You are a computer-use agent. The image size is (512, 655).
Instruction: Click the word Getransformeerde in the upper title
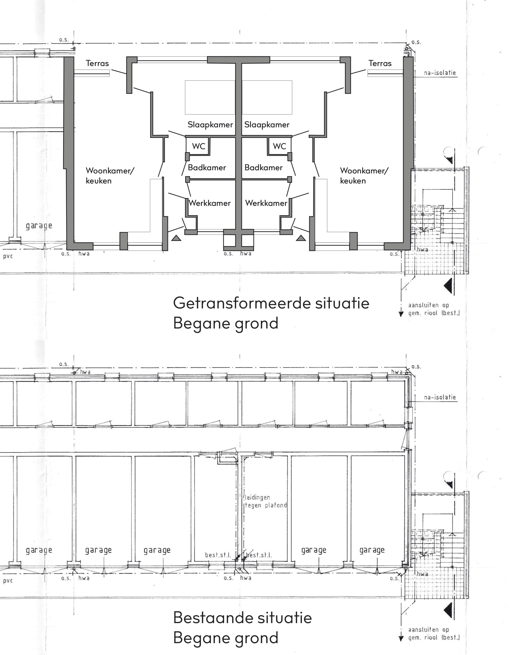(x=242, y=303)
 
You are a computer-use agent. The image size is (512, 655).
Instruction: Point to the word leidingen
(x=257, y=498)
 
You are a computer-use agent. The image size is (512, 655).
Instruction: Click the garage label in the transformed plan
(x=39, y=226)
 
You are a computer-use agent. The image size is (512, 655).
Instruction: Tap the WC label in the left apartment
(x=199, y=146)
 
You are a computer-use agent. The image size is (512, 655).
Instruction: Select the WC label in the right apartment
(x=279, y=146)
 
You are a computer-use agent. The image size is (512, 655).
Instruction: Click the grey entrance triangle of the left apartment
(x=176, y=238)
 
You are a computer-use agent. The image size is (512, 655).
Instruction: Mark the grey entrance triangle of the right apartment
(x=301, y=238)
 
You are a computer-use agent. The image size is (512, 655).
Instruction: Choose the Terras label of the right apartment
(x=380, y=63)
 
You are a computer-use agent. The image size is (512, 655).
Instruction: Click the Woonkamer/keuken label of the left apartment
(x=110, y=176)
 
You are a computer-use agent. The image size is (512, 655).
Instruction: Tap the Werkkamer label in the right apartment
(x=266, y=203)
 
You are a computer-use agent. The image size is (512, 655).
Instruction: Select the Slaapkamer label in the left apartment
(x=210, y=125)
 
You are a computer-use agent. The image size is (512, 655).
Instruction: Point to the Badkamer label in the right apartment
(x=263, y=168)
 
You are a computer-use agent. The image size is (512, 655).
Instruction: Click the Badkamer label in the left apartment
(x=207, y=168)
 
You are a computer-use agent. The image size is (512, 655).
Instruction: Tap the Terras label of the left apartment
(x=97, y=63)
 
